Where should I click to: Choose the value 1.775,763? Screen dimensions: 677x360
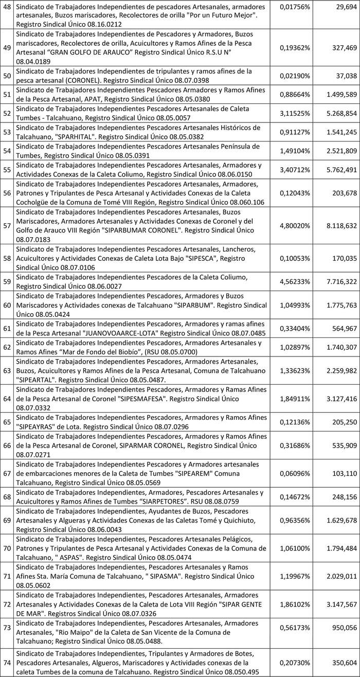pos(336,305)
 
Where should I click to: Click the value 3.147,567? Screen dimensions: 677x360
pos(336,605)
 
